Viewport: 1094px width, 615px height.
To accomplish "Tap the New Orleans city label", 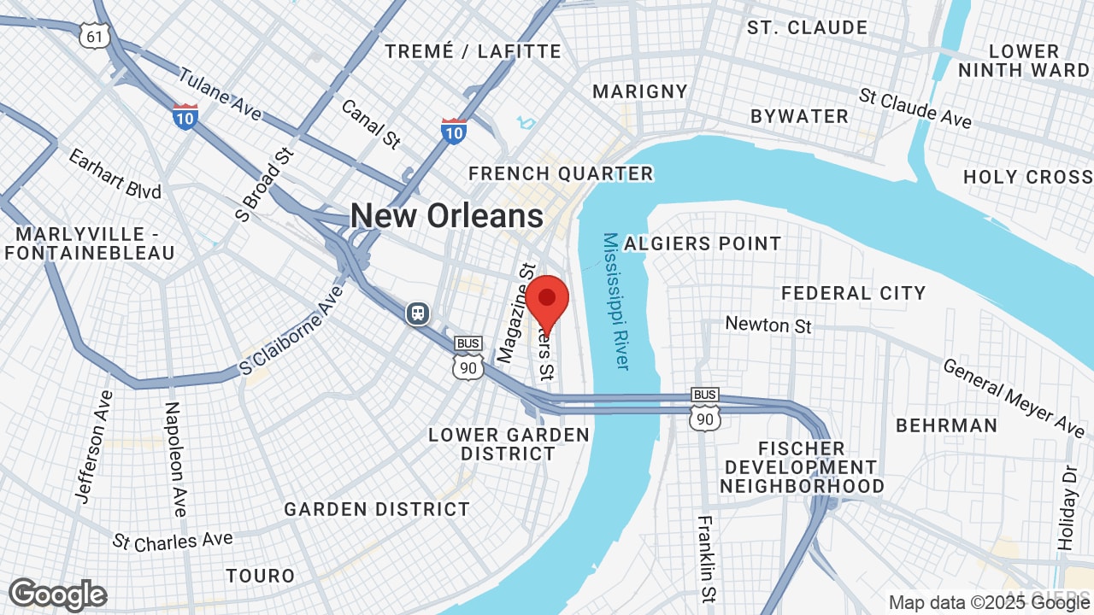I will tap(446, 215).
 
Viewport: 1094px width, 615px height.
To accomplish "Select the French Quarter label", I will tap(561, 174).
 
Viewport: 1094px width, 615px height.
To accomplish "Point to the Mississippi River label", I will tap(615, 301).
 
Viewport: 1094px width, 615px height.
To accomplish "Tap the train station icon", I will tap(418, 313).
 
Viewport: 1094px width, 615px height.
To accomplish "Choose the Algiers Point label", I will tap(703, 244).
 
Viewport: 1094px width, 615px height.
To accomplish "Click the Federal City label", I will tap(853, 294).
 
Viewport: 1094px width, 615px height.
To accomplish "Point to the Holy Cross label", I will tap(1027, 178).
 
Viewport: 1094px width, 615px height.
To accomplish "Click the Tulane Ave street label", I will tap(221, 96).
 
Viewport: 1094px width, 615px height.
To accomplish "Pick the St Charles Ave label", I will tap(173, 541).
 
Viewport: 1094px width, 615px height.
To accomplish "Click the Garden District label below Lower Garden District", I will tap(377, 510).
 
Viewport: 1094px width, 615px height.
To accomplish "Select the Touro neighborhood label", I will tap(261, 577).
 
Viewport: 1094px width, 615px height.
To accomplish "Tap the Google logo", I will tap(57, 594).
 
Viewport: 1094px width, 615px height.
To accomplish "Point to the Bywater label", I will tap(799, 117).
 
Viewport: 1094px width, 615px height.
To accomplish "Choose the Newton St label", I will tap(768, 325).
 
